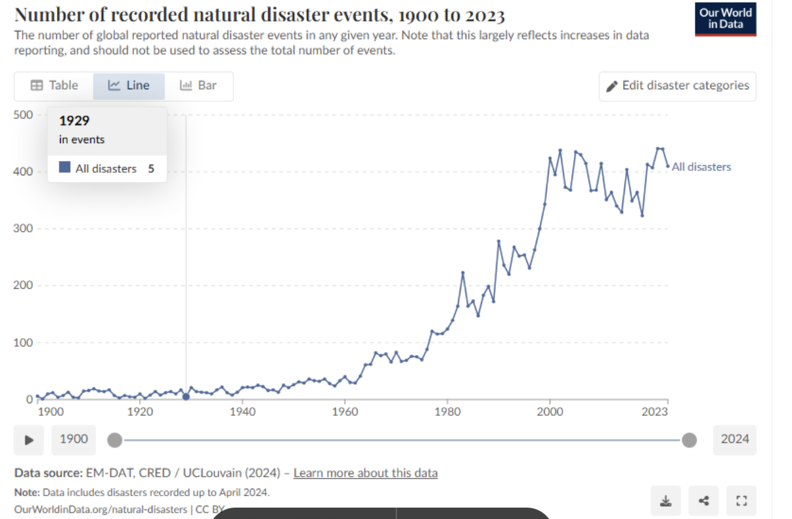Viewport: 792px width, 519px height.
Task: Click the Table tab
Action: coord(54,86)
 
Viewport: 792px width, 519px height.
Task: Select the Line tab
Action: coord(129,86)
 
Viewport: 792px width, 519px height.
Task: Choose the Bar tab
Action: coord(199,86)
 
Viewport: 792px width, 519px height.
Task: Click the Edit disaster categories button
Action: coord(678,86)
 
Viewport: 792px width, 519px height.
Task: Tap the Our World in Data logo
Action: coord(725,20)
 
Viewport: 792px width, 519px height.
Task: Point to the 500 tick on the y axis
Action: coord(24,115)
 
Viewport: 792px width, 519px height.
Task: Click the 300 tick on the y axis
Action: coord(24,228)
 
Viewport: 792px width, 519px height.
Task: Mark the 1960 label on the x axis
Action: coord(345,412)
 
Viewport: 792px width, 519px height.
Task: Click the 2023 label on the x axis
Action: coord(655,412)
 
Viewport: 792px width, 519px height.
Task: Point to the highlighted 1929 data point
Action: coord(186,397)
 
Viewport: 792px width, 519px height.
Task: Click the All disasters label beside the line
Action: coord(701,167)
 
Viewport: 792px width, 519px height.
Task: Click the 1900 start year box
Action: coord(74,439)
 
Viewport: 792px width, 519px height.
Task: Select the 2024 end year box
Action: coord(734,439)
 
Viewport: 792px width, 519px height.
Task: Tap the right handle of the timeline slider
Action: coord(690,440)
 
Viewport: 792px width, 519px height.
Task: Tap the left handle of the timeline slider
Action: coord(114,440)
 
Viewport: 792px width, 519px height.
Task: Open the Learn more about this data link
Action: coord(366,473)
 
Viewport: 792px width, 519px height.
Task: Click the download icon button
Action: coord(665,501)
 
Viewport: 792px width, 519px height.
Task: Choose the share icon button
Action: coord(703,501)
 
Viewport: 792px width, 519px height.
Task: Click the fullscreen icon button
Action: coord(741,501)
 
